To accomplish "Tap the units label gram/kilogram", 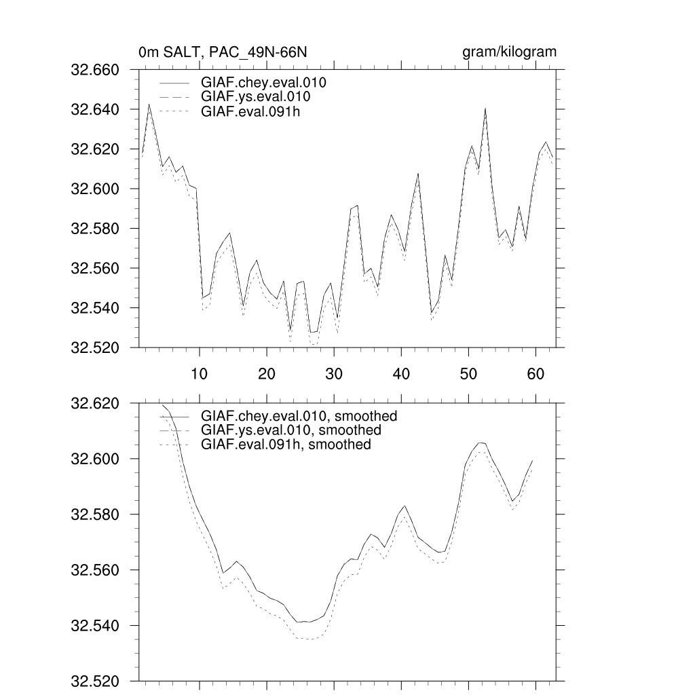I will click(x=509, y=52).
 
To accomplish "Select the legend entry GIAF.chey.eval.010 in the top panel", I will click(x=264, y=83).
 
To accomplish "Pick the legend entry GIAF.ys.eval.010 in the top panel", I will click(x=256, y=97).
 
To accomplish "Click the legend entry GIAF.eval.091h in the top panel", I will click(x=250, y=111).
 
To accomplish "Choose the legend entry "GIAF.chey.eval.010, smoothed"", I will click(x=299, y=416).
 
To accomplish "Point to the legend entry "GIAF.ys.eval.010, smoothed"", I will click(x=291, y=430).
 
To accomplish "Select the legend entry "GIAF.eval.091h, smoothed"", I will click(x=286, y=445).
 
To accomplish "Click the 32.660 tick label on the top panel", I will click(x=95, y=70).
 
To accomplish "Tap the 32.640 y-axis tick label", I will click(x=95, y=109).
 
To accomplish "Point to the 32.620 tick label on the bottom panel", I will click(x=95, y=404).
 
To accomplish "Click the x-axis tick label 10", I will click(x=199, y=373).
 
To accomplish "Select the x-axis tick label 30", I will click(x=333, y=373).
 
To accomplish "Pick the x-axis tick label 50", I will click(x=468, y=373).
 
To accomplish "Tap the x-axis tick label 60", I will click(x=536, y=373).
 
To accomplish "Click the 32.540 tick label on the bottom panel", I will click(x=95, y=625).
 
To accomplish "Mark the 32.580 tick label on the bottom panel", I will click(x=95, y=514).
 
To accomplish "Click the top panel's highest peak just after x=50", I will click(x=485, y=109).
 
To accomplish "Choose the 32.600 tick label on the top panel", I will click(x=95, y=189).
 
